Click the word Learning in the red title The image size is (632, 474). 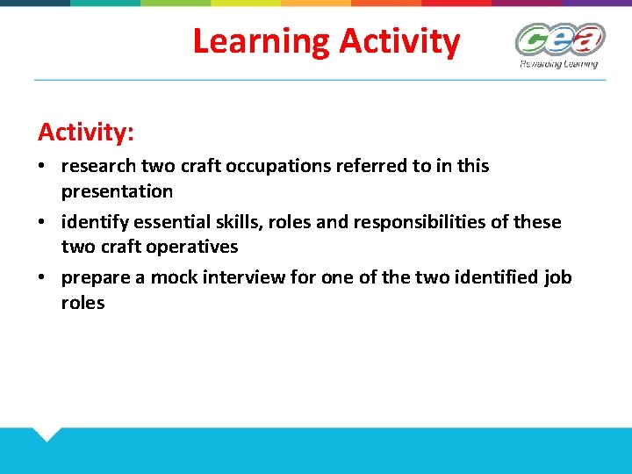click(261, 41)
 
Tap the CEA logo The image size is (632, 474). click(559, 39)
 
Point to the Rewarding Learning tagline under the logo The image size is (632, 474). click(558, 63)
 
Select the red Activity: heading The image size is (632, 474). click(86, 133)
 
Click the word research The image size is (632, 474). click(98, 166)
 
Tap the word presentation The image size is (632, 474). click(117, 190)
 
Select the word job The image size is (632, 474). click(557, 278)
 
